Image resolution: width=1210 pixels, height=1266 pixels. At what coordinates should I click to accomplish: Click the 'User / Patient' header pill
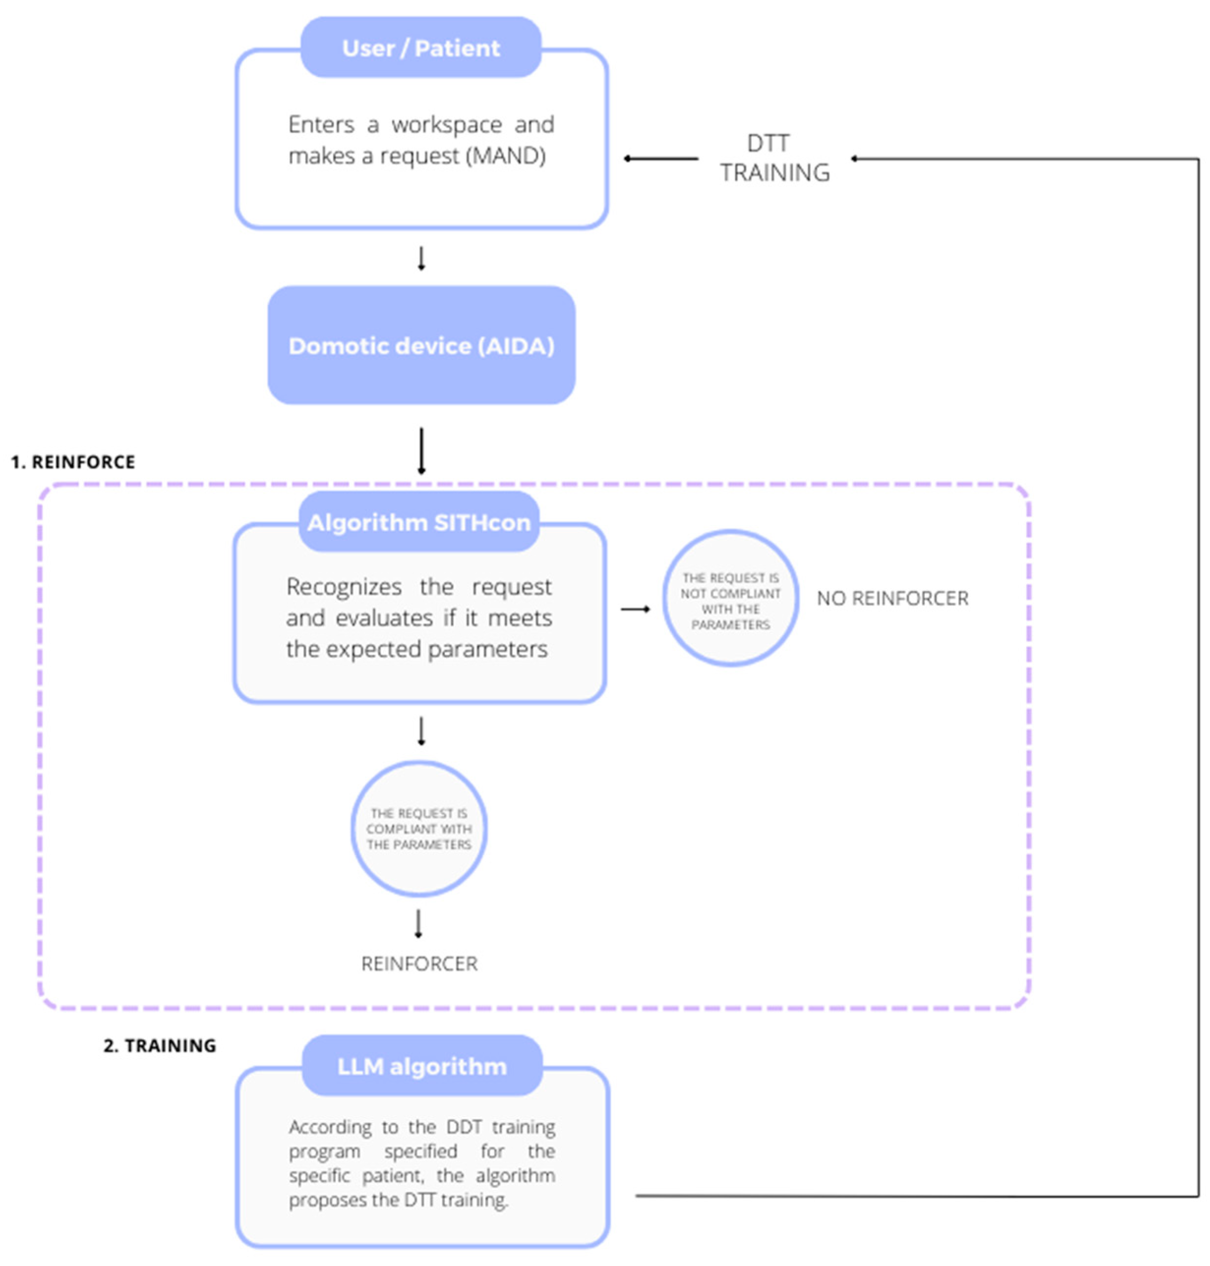(x=421, y=48)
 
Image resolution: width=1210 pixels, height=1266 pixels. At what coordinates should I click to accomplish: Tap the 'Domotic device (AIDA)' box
(x=421, y=345)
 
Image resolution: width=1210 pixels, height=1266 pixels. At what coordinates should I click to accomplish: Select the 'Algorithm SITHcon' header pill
(x=419, y=522)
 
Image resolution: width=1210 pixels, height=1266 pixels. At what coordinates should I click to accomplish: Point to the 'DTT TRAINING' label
(x=774, y=158)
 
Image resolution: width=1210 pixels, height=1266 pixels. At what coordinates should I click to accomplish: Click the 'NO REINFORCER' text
(x=892, y=599)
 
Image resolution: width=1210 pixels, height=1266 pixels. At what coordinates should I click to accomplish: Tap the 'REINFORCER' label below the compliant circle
(x=419, y=964)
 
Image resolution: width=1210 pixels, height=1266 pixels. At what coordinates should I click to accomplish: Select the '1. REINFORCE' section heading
(x=73, y=462)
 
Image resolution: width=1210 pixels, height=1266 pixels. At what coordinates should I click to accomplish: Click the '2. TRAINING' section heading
(x=159, y=1045)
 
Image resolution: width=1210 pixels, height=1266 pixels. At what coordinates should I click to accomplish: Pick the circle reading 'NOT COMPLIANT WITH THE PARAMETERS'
(x=730, y=599)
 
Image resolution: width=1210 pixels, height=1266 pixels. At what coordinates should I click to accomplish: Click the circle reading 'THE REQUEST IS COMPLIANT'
(x=419, y=829)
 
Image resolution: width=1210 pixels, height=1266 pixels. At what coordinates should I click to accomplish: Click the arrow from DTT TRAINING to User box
(x=661, y=159)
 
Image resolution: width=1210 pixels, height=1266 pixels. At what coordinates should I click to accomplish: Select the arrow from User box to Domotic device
(x=421, y=258)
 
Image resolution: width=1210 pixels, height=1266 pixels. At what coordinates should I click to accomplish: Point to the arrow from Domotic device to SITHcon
(x=421, y=451)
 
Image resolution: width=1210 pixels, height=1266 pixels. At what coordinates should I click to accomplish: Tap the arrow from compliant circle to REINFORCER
(x=419, y=923)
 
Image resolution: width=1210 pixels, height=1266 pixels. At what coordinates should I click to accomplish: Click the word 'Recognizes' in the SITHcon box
(x=344, y=587)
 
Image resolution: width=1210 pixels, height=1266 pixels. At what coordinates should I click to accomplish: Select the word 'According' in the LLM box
(x=330, y=1127)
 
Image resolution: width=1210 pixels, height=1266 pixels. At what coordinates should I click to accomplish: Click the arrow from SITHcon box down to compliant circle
(x=421, y=731)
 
